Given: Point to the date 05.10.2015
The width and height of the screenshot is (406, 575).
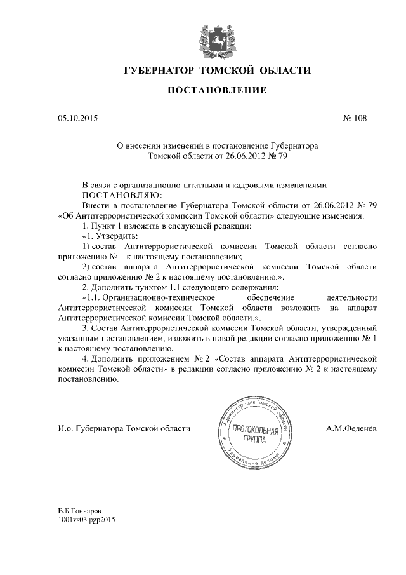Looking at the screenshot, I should pos(77,118).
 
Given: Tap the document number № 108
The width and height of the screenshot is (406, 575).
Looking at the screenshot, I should pos(354,118).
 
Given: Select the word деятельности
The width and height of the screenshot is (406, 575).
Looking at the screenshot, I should pos(351,297).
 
